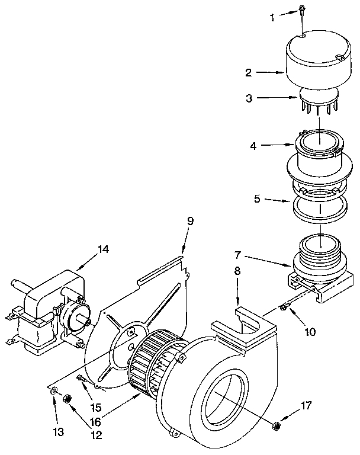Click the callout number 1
pos(273,18)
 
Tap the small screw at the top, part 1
pos(301,9)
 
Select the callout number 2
pos(249,73)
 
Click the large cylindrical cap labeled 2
pos(313,62)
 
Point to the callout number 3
pos(249,98)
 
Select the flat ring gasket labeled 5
pos(320,211)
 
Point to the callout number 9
pos(190,221)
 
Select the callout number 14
pos(103,249)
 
